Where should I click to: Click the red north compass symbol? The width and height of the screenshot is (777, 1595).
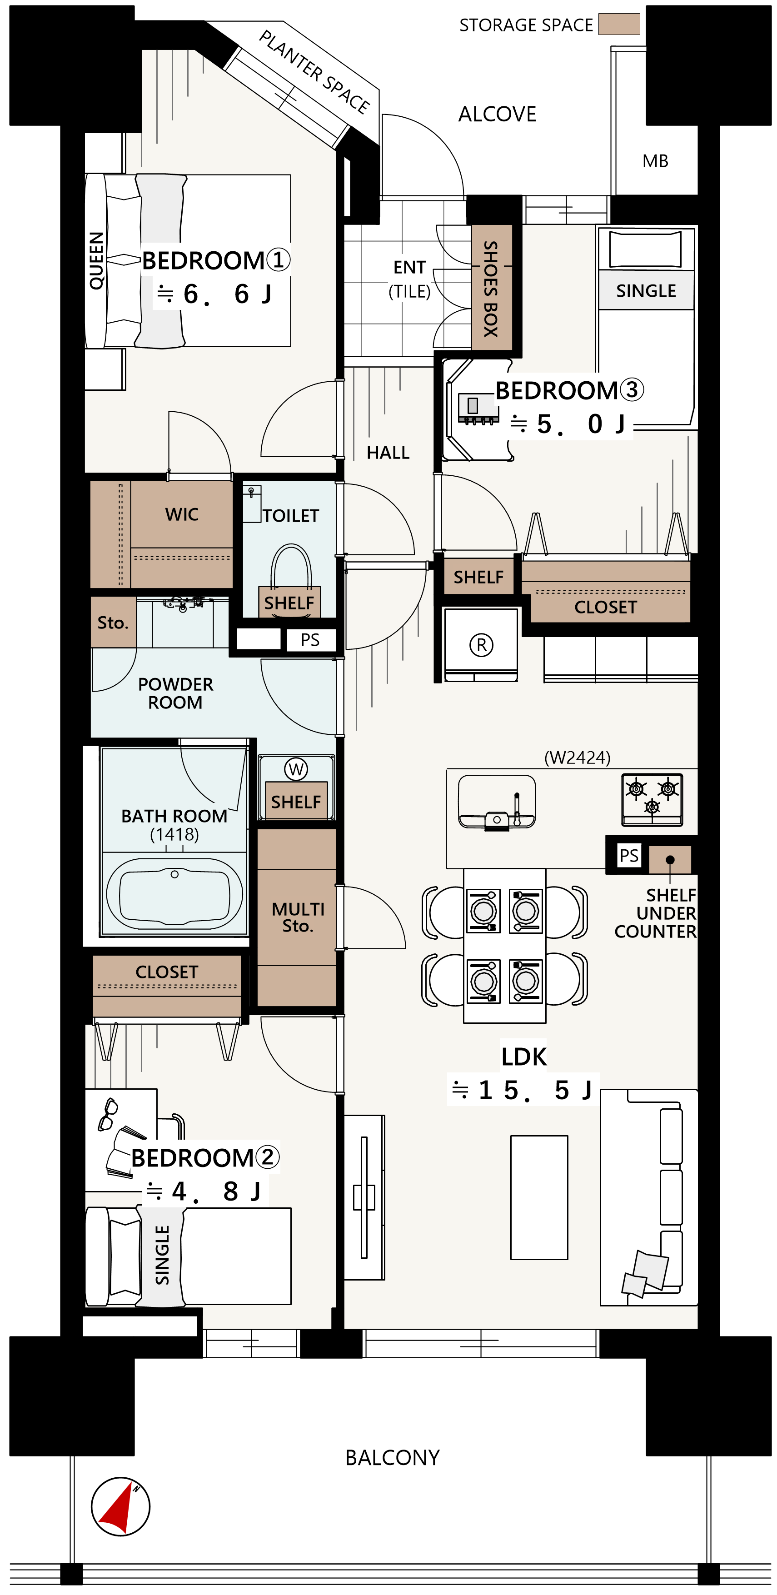[121, 1506]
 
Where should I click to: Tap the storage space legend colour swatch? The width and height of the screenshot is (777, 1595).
[618, 24]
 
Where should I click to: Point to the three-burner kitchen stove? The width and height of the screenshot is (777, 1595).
[652, 799]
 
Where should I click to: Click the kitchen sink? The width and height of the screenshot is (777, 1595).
[497, 802]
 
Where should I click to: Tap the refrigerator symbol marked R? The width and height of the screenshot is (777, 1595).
[481, 644]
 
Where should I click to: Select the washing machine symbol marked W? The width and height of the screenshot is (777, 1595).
[296, 769]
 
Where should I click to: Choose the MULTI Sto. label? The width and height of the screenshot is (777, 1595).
[298, 917]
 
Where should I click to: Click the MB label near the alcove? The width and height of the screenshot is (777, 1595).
[655, 161]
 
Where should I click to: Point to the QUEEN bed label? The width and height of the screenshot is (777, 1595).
[96, 261]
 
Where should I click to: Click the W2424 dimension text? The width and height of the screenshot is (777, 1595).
[577, 757]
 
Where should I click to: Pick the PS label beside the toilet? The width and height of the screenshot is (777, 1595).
[310, 640]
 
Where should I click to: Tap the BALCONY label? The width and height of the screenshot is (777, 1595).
[393, 1458]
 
